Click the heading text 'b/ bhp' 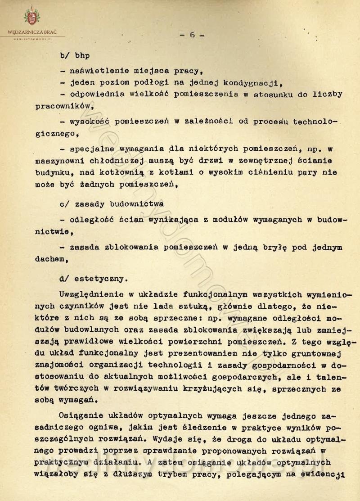(x=75, y=56)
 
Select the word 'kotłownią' (x=128, y=172)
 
